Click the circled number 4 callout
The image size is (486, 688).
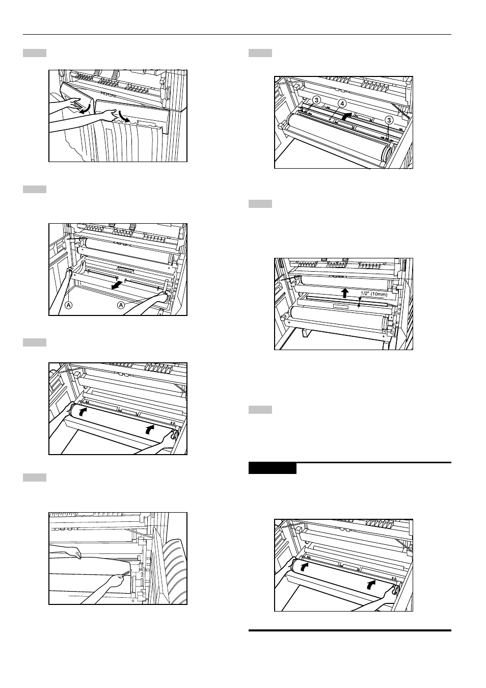click(x=343, y=103)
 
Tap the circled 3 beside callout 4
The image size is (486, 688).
click(x=317, y=100)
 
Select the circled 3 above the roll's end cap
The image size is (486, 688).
click(x=389, y=120)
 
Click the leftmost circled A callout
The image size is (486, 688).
click(x=69, y=305)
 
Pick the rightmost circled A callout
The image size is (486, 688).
click(x=122, y=305)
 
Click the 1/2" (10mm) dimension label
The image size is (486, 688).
click(x=374, y=294)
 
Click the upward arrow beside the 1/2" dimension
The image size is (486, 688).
click(x=345, y=293)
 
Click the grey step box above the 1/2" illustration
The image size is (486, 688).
click(x=260, y=204)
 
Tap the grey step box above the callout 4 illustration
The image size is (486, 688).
click(x=260, y=53)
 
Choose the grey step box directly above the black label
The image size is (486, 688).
click(x=260, y=410)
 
